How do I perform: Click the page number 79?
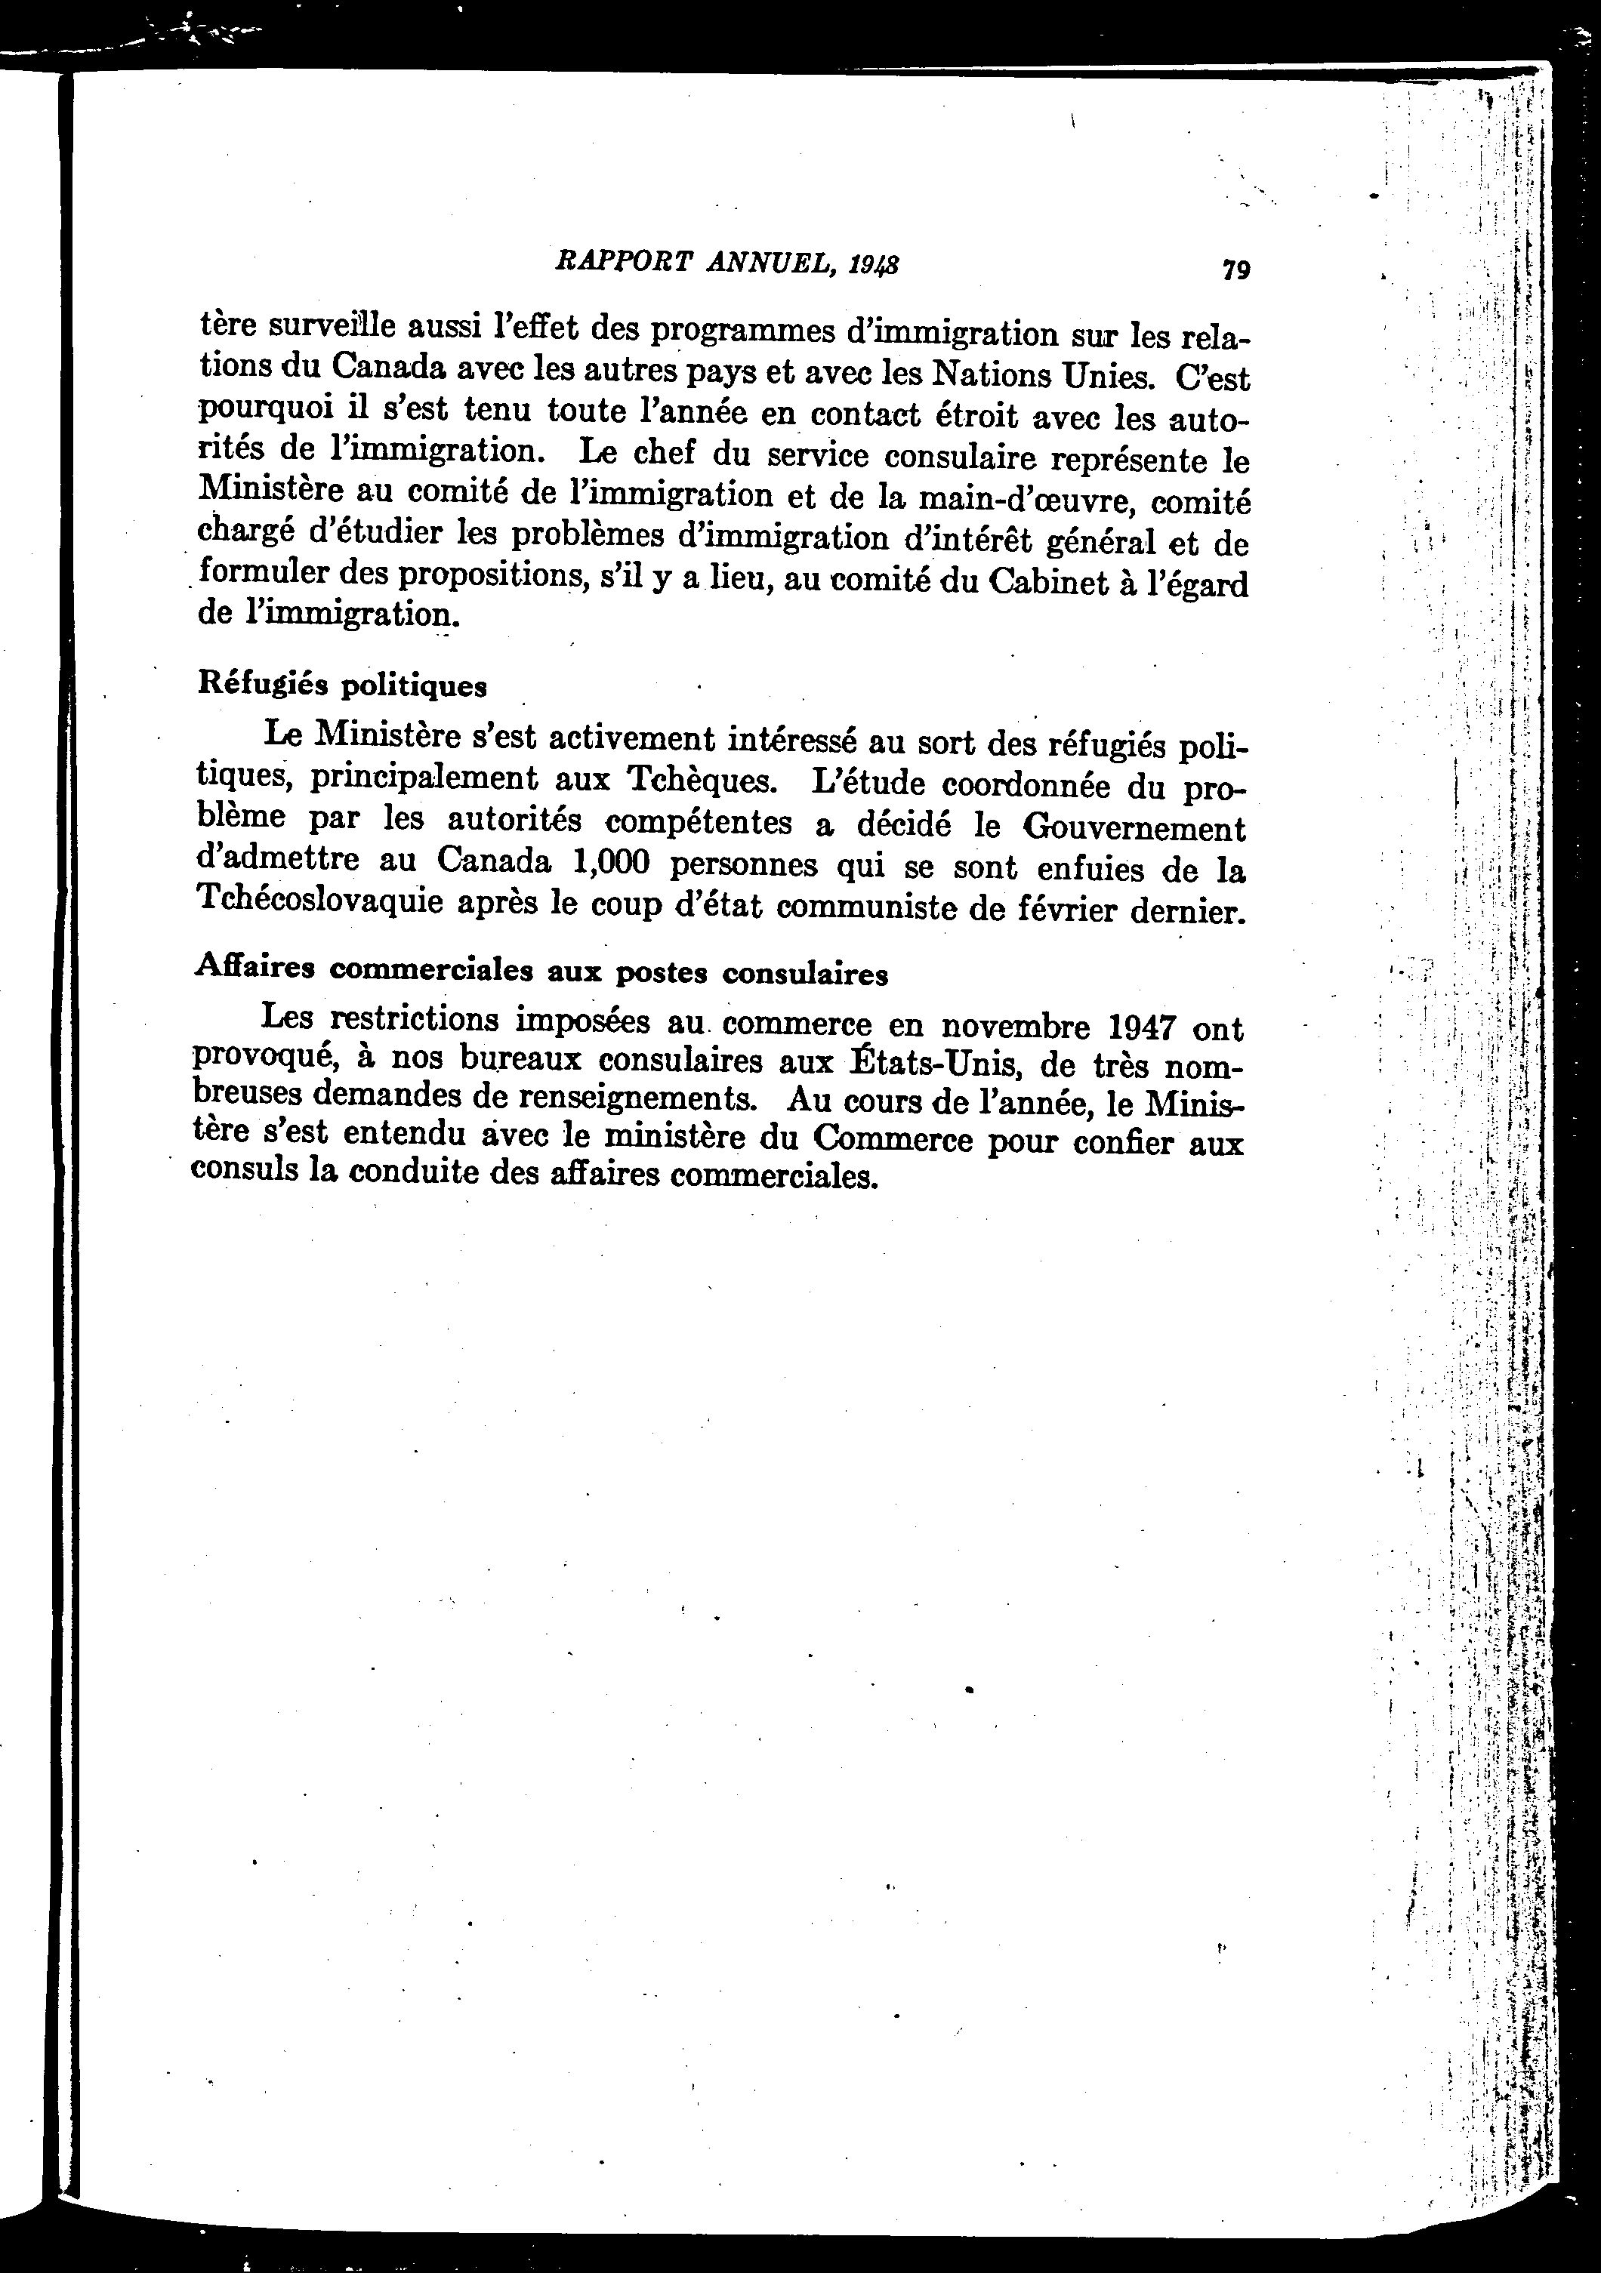(1235, 269)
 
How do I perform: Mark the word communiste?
(865, 907)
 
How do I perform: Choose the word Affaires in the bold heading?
(254, 966)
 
